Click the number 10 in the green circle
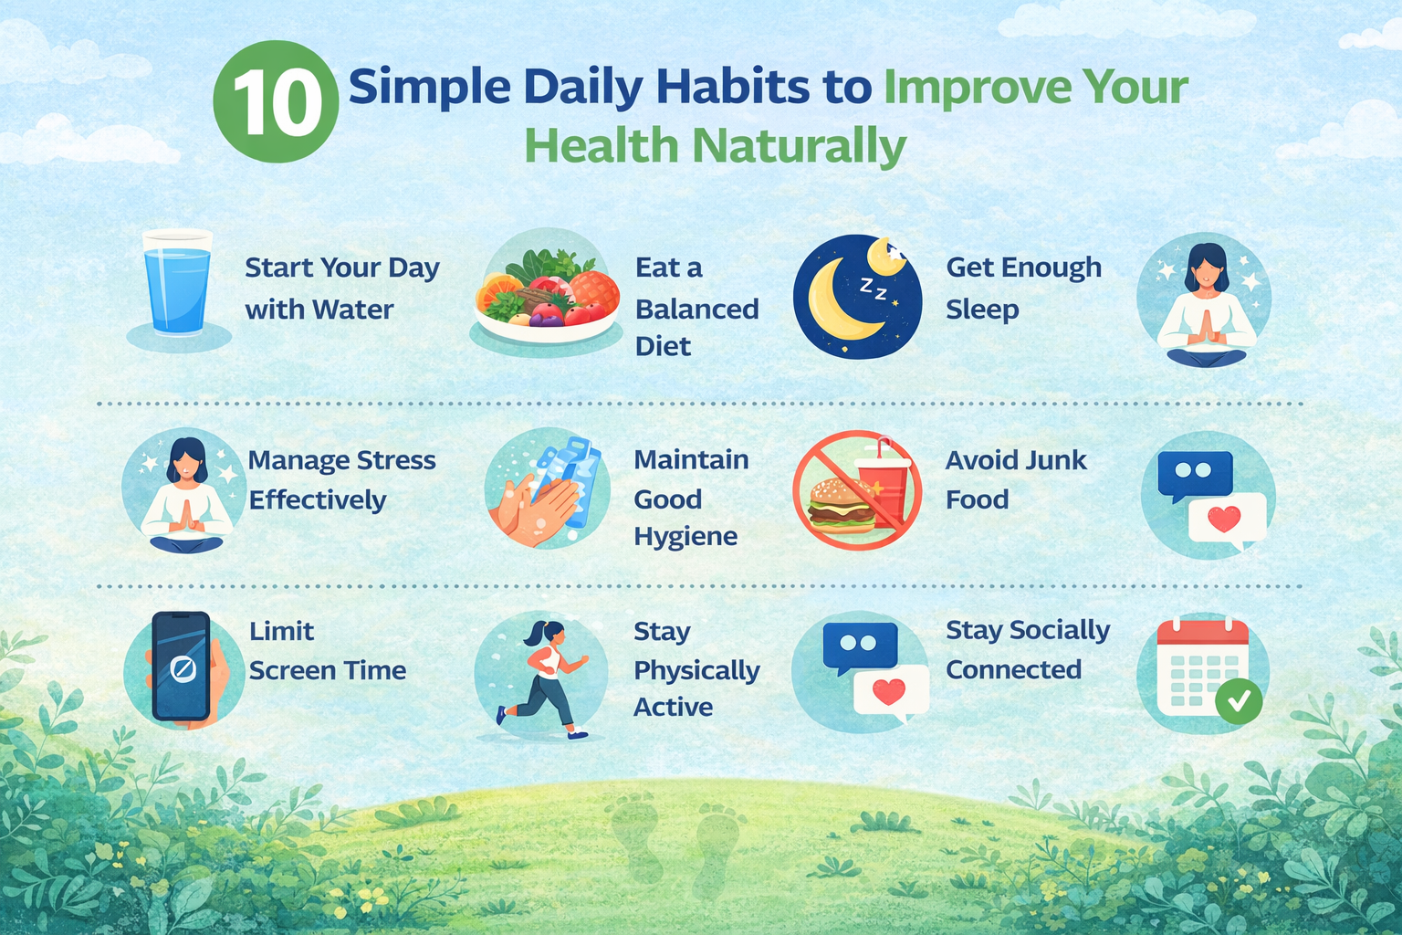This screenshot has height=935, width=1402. coord(276,102)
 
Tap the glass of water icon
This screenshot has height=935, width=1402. coord(177,283)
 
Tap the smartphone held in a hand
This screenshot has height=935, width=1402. coord(182,667)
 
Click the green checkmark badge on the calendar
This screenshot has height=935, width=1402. coord(1239,701)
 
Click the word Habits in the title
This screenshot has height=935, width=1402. coord(732,88)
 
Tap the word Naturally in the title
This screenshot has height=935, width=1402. coord(799,147)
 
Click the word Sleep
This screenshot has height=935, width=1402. coord(982,310)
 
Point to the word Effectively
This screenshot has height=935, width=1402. coord(318,500)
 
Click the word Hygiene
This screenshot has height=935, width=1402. coord(685,536)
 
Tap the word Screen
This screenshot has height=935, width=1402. coord(293,671)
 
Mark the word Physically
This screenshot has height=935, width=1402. coord(696,671)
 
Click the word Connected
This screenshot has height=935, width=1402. coord(1013,670)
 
